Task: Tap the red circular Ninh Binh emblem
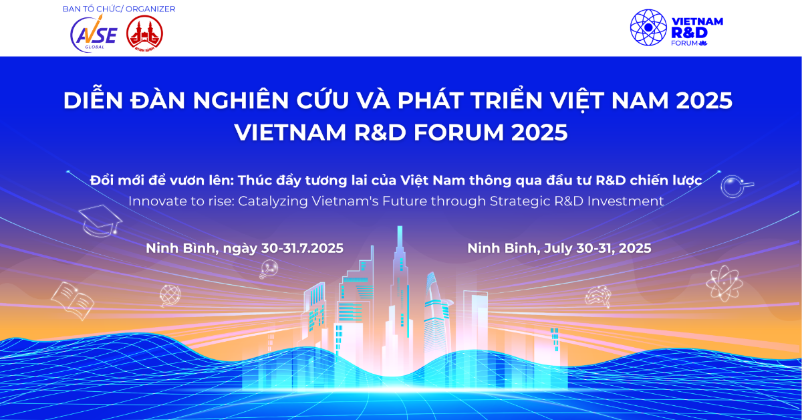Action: pos(144,33)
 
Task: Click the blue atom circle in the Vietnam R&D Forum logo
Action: pos(649,27)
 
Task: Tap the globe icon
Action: pos(170,294)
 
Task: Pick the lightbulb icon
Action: pos(268,269)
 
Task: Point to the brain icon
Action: pos(597,296)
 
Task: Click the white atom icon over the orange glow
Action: pos(724,282)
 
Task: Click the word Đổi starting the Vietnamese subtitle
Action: pos(104,181)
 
